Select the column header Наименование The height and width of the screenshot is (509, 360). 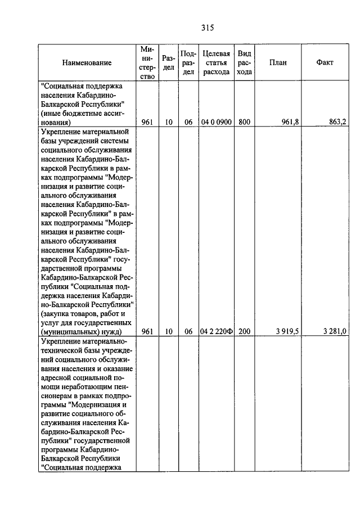pyautogui.click(x=87, y=62)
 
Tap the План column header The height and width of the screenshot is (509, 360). pyautogui.click(x=278, y=62)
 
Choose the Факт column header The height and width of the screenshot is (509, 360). pyautogui.click(x=325, y=62)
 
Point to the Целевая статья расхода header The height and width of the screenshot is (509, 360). pyautogui.click(x=216, y=62)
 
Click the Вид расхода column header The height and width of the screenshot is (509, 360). pyautogui.click(x=244, y=62)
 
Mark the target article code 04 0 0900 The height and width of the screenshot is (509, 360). pyautogui.click(x=216, y=120)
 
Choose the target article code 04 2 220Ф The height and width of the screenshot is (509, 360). pyautogui.click(x=216, y=332)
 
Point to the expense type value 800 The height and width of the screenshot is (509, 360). pyautogui.click(x=244, y=120)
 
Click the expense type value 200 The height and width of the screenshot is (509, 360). pyautogui.click(x=244, y=332)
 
